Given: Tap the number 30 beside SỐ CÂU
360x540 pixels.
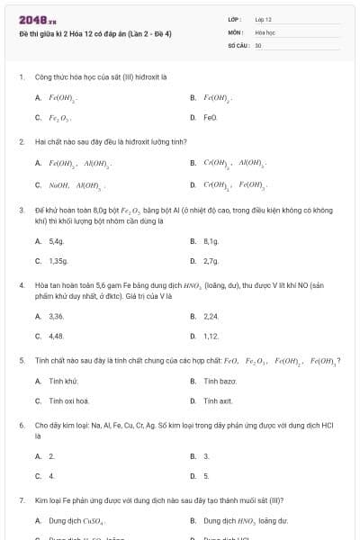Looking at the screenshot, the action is point(258,44).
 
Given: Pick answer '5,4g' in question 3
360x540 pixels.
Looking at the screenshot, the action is point(57,241).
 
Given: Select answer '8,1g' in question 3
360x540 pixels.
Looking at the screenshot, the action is point(211,241).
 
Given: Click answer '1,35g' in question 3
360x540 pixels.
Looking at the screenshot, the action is point(58,261).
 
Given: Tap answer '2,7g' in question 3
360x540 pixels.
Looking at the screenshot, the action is point(211,261).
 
